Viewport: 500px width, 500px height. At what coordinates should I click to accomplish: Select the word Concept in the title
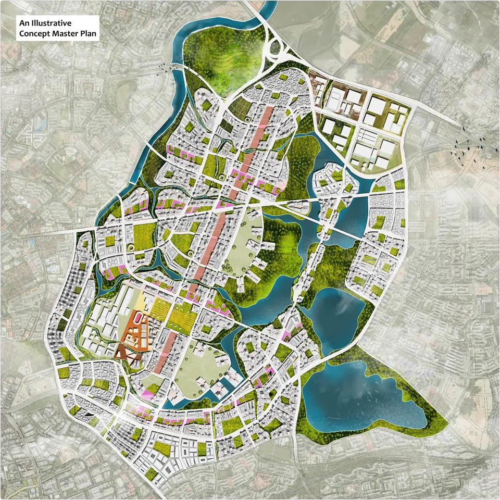pyautogui.click(x=34, y=35)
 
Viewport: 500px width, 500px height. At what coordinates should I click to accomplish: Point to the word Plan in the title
pyautogui.click(x=86, y=35)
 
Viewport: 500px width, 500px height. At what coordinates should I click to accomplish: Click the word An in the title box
pyautogui.click(x=24, y=23)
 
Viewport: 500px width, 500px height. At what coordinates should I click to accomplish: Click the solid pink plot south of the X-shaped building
pyautogui.click(x=147, y=394)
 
